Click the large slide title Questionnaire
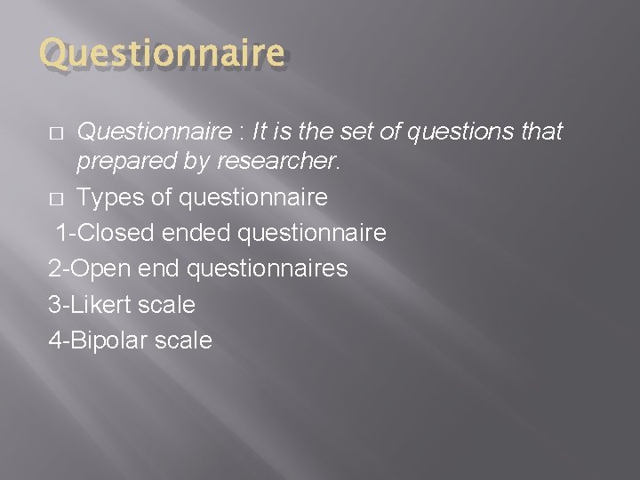[164, 55]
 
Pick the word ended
[194, 233]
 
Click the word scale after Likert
[165, 304]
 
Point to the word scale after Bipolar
[182, 340]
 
